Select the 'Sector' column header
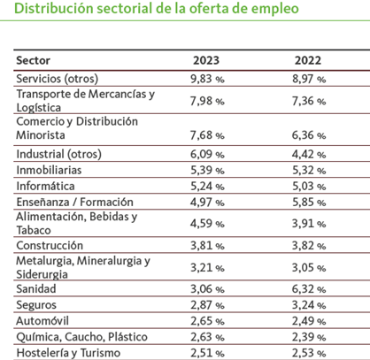click(33, 60)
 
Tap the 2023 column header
click(206, 60)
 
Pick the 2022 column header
click(308, 60)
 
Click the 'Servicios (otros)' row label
click(58, 79)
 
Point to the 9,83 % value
click(207, 79)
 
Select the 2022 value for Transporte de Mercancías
click(309, 101)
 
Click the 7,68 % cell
click(207, 135)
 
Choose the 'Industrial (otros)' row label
click(58, 154)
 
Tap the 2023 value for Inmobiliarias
click(207, 171)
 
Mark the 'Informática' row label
click(45, 187)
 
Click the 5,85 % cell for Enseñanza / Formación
click(309, 203)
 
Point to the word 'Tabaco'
click(34, 230)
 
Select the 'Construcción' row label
click(50, 246)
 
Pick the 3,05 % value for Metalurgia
click(309, 268)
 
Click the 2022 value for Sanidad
click(309, 289)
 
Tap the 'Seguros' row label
click(36, 305)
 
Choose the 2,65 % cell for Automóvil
click(207, 321)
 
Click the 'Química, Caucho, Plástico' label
click(81, 337)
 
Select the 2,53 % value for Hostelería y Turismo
click(309, 353)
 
